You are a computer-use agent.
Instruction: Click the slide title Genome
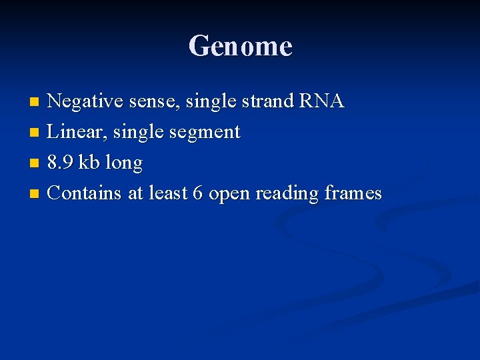pos(240,47)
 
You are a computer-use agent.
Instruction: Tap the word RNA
pos(322,101)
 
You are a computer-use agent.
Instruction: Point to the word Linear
pos(72,132)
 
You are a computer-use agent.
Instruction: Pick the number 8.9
pos(61,163)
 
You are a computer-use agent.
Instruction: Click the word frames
pos(353,193)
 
